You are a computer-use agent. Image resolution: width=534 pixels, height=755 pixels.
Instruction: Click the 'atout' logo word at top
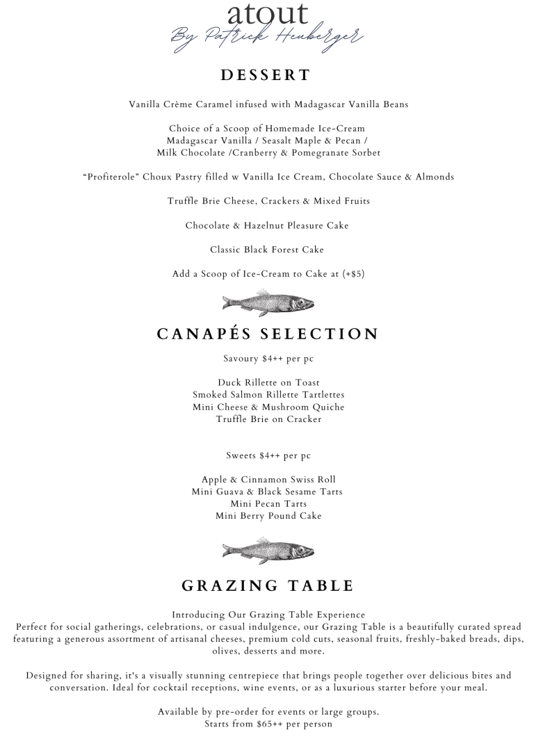coord(268,13)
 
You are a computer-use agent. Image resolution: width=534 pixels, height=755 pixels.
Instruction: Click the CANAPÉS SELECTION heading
coord(268,334)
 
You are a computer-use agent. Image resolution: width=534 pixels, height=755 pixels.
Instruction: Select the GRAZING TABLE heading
coord(268,586)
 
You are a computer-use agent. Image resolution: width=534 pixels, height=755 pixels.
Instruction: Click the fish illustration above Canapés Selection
coord(268,302)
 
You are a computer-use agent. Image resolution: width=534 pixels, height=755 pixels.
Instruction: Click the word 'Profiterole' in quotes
coord(113,177)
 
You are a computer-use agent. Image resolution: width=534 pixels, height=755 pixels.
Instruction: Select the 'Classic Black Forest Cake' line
coord(268,250)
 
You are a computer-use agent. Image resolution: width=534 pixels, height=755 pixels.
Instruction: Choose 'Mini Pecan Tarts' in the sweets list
coord(268,504)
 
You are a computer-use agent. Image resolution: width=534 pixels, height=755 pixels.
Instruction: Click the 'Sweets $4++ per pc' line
coord(268,456)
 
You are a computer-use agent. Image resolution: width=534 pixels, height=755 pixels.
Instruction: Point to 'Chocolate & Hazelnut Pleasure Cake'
coord(268,225)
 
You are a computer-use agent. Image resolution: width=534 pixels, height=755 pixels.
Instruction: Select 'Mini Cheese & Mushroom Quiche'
coord(268,407)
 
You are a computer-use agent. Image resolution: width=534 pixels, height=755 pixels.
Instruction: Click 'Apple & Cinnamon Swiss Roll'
coord(268,480)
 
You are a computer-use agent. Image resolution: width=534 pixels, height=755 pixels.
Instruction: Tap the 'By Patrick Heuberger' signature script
coord(268,36)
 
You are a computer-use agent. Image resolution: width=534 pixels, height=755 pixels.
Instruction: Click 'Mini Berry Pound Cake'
coord(268,516)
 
